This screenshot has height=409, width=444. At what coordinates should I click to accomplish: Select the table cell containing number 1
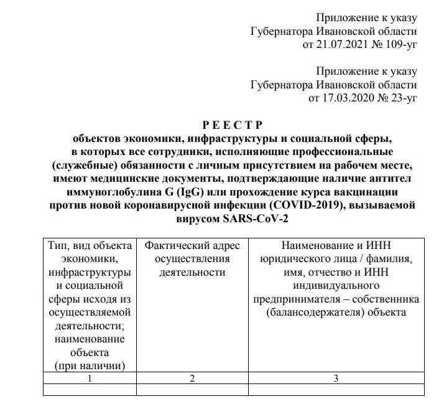(90, 378)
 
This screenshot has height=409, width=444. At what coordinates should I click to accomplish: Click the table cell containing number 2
(192, 378)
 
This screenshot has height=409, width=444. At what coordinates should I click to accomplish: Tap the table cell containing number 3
(335, 378)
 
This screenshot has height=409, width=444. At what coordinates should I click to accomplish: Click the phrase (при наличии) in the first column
(90, 365)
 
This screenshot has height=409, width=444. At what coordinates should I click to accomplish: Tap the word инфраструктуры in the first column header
(90, 273)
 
